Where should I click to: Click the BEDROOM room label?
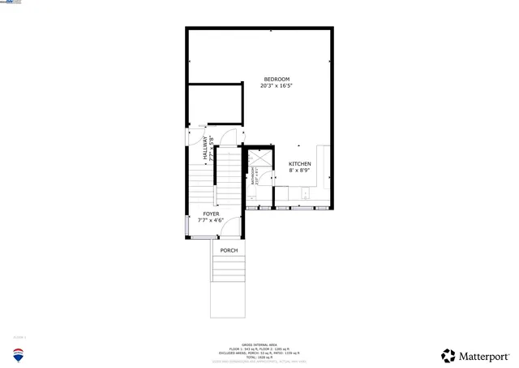tap(276, 79)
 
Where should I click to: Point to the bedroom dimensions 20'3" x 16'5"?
tap(276, 85)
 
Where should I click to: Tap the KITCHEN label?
tap(299, 164)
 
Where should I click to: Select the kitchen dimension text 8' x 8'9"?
tap(299, 171)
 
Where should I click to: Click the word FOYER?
tap(211, 214)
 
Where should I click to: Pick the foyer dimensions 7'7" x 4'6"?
tap(211, 220)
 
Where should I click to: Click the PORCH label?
tap(229, 250)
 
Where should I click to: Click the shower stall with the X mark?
tap(259, 158)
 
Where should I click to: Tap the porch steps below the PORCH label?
tap(229, 269)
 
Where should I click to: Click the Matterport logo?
tap(475, 356)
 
